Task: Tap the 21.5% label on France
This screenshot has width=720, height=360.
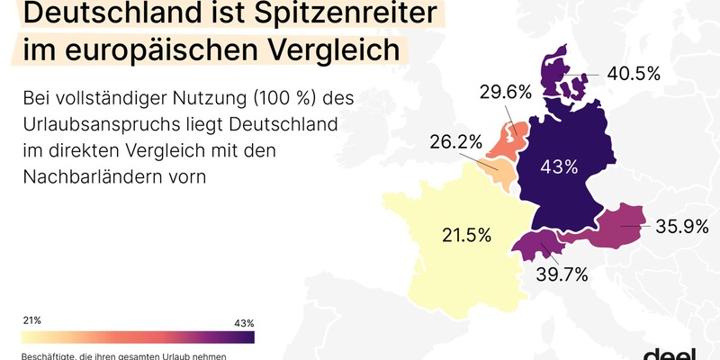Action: click(x=466, y=236)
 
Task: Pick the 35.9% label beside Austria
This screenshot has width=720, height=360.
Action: click(x=682, y=227)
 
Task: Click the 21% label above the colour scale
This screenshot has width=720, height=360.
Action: click(x=31, y=320)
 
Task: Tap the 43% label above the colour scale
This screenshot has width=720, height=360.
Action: click(x=244, y=322)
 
